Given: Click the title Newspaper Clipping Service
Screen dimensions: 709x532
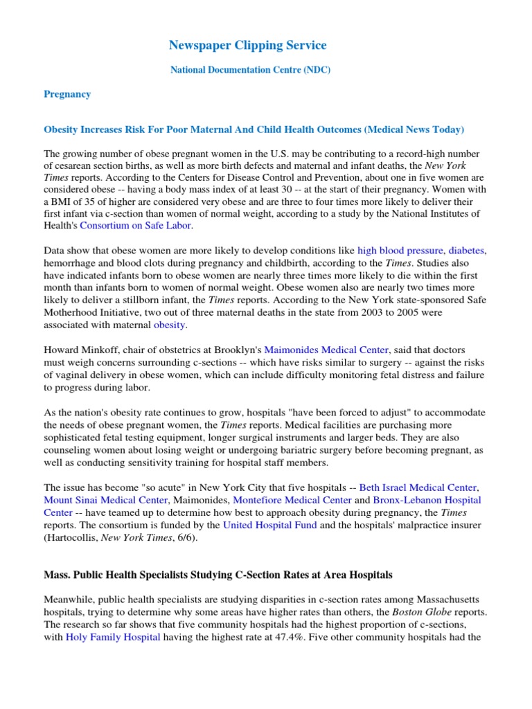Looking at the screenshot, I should (x=247, y=46).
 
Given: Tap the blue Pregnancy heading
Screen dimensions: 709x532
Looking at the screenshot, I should (x=67, y=94).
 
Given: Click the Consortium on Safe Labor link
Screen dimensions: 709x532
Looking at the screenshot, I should (x=136, y=225).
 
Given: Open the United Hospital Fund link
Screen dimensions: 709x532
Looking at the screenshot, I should (x=269, y=525).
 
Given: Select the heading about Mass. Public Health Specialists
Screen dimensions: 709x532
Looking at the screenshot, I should (x=229, y=575).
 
